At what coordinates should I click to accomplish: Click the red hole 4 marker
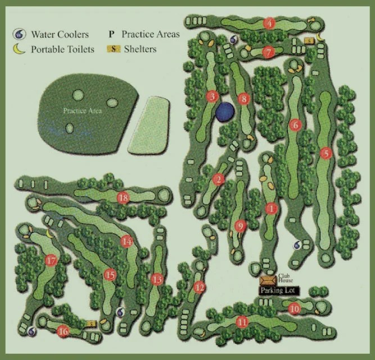pos(269,24)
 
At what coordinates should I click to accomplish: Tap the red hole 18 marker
pos(123,197)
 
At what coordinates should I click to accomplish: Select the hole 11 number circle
pos(242,322)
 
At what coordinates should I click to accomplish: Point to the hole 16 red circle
pos(63,331)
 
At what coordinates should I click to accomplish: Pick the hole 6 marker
pos(296,125)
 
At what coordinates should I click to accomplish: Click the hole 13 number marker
pos(157,279)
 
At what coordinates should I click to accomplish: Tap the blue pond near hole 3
pos(225,112)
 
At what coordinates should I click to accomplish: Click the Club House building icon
pos(268,280)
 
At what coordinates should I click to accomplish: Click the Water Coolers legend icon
pos(20,34)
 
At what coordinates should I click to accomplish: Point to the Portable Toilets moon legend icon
pos(19,49)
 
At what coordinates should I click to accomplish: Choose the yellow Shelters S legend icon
pos(114,49)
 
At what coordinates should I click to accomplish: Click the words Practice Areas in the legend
pos(151,34)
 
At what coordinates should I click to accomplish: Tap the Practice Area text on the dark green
pos(83,110)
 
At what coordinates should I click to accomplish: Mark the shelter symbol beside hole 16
pos(91,323)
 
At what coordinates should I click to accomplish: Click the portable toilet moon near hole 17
pos(49,233)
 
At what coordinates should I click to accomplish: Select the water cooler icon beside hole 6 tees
pos(297,245)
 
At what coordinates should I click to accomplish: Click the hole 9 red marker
pos(241,226)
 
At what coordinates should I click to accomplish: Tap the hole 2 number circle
pos(218,179)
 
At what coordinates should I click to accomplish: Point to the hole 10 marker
pos(295,309)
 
